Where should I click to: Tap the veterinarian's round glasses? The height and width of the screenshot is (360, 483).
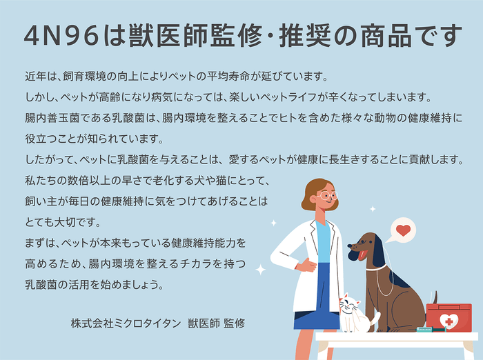(x=327, y=196)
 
